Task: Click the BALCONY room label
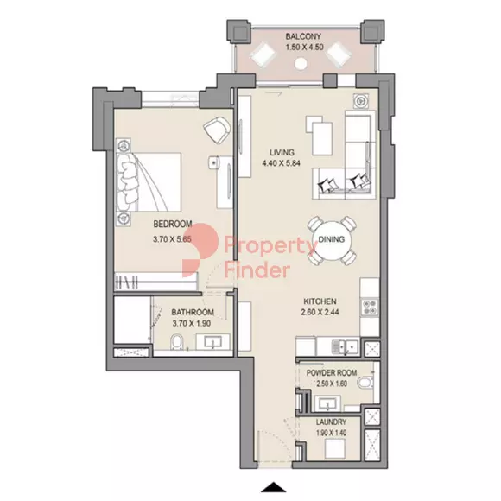tap(303, 36)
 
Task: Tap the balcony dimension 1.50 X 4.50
tap(304, 48)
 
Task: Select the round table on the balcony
tap(301, 63)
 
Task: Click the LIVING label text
tap(282, 152)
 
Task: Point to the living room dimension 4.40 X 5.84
tap(282, 163)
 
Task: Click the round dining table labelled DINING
tap(332, 239)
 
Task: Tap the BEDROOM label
tap(173, 224)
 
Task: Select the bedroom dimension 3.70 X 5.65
tap(172, 239)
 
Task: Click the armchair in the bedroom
tap(217, 130)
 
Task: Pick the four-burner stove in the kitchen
tap(370, 307)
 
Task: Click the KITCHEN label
tap(320, 301)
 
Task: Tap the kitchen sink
tap(345, 346)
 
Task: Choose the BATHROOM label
tap(193, 312)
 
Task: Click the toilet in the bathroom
tap(176, 342)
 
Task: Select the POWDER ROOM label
tap(332, 373)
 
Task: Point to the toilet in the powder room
tap(365, 383)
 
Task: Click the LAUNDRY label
tap(331, 422)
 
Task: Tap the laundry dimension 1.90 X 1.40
tap(331, 433)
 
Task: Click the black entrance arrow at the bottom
tap(273, 487)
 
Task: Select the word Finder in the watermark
tap(257, 270)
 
